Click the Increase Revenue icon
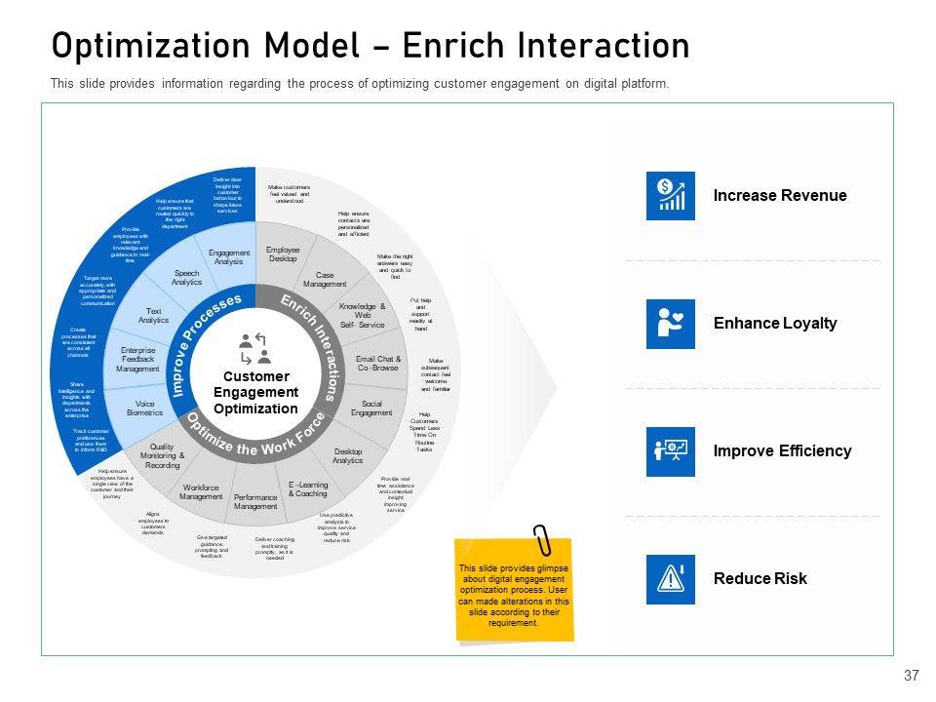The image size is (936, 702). [x=671, y=196]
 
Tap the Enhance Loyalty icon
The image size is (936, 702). [x=671, y=324]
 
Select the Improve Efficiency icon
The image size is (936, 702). [x=671, y=451]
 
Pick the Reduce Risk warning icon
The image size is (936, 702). [x=671, y=579]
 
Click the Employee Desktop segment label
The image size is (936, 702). [x=283, y=254]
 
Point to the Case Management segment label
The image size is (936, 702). [x=325, y=280]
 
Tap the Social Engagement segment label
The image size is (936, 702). [x=371, y=408]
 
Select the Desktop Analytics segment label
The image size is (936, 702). [x=348, y=455]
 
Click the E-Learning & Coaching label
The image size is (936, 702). [x=308, y=488]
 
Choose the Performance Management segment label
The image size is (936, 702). [x=255, y=501]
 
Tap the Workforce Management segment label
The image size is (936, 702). [x=202, y=491]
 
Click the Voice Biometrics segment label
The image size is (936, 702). [x=144, y=408]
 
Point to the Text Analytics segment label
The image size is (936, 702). [x=153, y=315]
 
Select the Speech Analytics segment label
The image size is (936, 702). [x=186, y=278]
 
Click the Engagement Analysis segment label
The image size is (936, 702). [x=229, y=256]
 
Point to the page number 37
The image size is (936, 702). [x=912, y=675]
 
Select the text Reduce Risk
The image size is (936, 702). [x=760, y=579]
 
